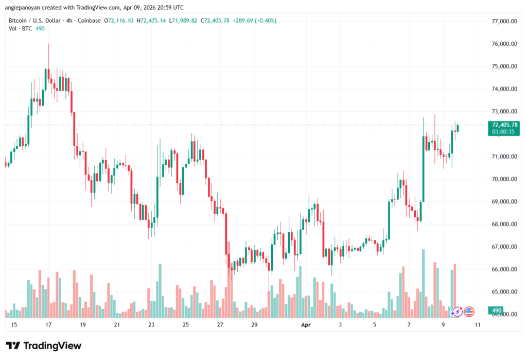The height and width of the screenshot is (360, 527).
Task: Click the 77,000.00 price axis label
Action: tap(504, 21)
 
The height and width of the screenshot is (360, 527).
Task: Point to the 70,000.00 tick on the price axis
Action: tap(504, 179)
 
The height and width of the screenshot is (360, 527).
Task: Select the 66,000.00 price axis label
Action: tap(504, 269)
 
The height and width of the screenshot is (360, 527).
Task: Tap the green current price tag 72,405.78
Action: tap(505, 125)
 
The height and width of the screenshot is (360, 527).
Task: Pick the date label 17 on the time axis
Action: tap(48, 325)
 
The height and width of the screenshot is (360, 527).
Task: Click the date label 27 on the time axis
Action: tap(220, 325)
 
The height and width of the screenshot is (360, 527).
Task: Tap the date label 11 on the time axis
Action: tap(478, 325)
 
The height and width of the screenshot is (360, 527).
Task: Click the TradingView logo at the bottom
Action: tap(43, 346)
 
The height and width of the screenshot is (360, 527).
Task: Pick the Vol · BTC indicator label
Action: tap(20, 28)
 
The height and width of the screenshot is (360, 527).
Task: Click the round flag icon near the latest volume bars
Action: tap(468, 311)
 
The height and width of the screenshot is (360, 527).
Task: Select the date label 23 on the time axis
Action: tap(151, 325)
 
